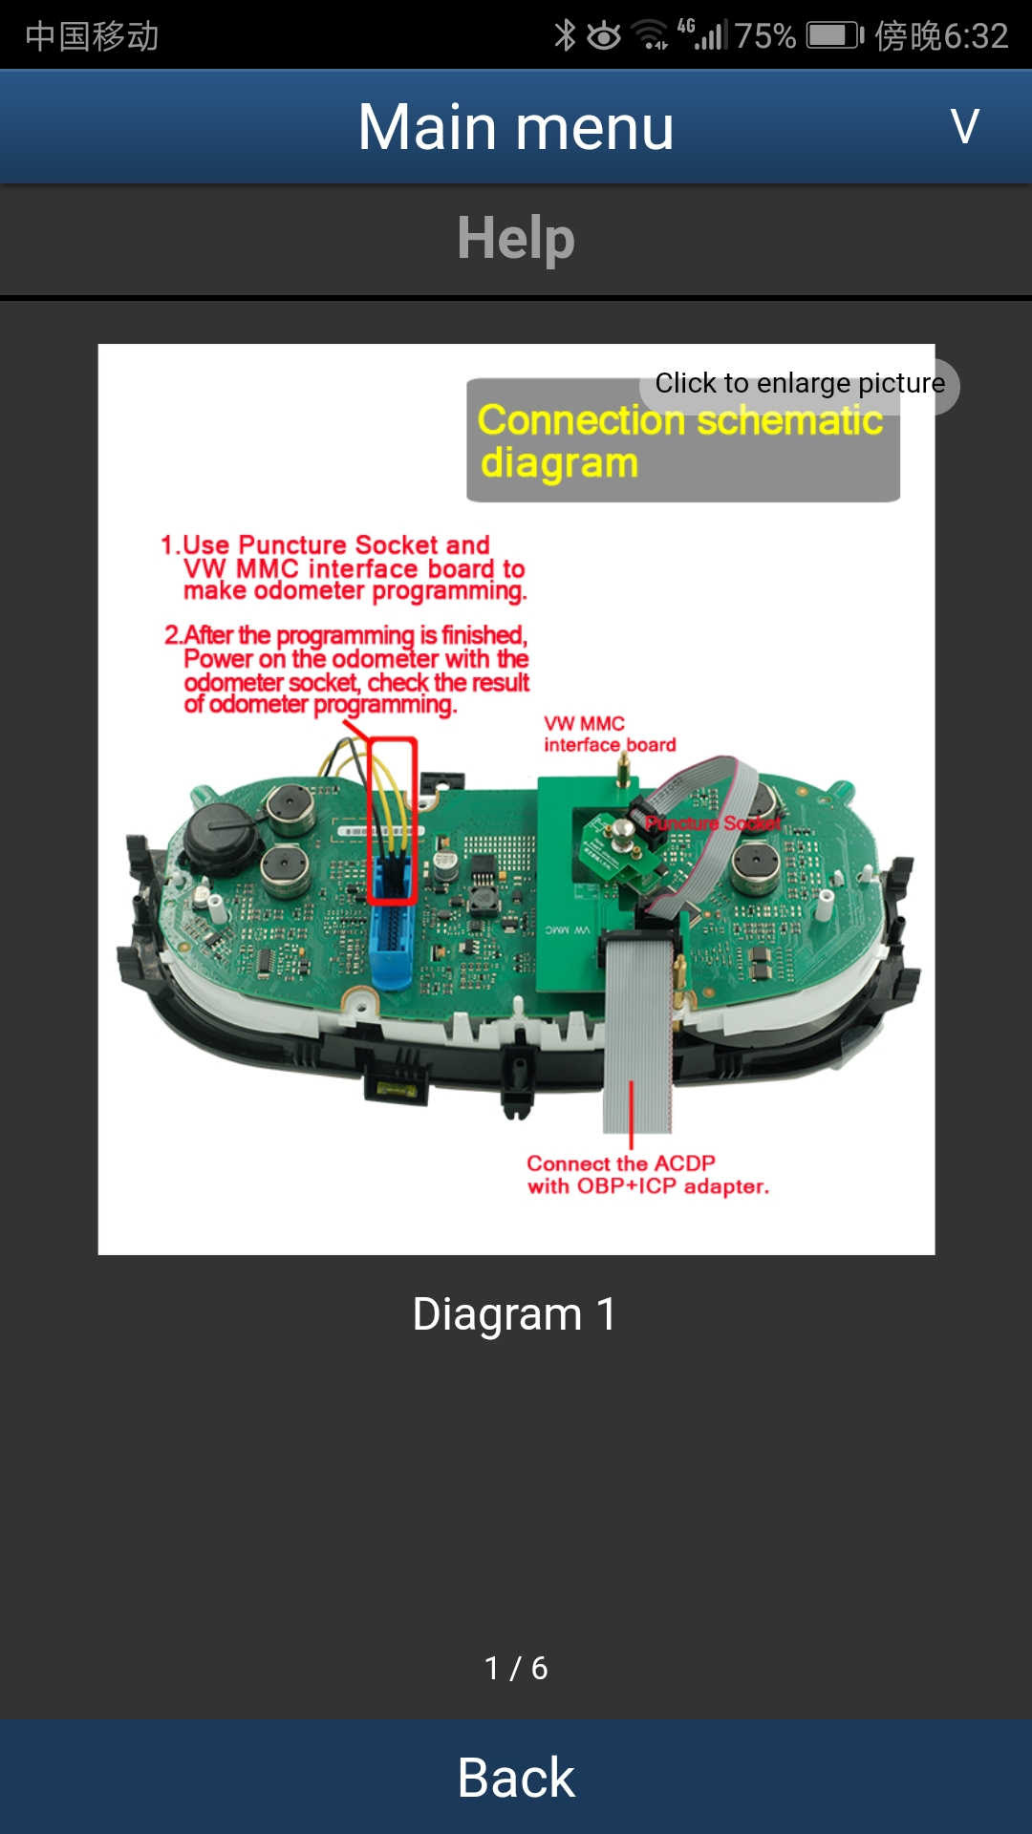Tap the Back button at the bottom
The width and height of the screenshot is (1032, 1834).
[516, 1778]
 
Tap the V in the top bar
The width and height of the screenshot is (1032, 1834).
[965, 126]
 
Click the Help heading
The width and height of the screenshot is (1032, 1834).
[516, 238]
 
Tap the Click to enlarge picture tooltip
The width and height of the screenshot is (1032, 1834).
[800, 384]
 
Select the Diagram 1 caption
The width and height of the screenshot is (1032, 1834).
[514, 1313]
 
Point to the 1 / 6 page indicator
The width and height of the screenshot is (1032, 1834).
[516, 1668]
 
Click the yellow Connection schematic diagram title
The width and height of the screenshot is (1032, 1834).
[680, 440]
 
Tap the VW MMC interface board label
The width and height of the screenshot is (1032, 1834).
[610, 735]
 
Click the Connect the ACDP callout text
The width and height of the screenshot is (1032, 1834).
[648, 1175]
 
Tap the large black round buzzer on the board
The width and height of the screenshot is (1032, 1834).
[222, 834]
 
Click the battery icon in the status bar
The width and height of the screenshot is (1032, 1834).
[835, 36]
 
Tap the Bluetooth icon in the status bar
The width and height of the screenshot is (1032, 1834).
[565, 35]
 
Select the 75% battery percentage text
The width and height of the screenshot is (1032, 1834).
[764, 36]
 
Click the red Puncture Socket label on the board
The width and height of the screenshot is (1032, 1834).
[713, 822]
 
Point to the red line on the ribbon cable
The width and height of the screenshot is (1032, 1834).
[631, 1114]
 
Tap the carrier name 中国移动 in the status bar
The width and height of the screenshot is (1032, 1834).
[92, 36]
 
